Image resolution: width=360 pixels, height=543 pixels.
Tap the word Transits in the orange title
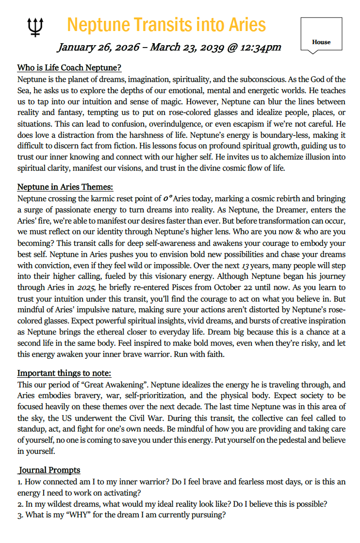(x=161, y=24)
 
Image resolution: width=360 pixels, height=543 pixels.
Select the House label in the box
(x=321, y=42)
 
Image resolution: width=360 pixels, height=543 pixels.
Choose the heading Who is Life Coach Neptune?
(x=69, y=67)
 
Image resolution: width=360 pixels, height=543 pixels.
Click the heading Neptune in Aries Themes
(x=65, y=187)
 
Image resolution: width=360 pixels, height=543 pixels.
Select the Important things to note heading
(x=65, y=373)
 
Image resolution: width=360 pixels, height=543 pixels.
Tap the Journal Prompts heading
(x=49, y=470)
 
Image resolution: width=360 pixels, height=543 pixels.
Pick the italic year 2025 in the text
(x=85, y=287)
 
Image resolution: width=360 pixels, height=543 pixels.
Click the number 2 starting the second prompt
(x=19, y=504)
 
